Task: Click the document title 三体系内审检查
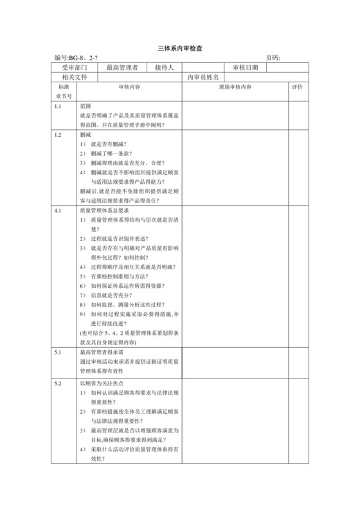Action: pyautogui.click(x=180, y=49)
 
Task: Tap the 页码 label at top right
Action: pyautogui.click(x=273, y=58)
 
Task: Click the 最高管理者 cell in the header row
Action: pyautogui.click(x=122, y=67)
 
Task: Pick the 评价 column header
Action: pyautogui.click(x=297, y=87)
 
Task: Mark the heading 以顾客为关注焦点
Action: pyautogui.click(x=102, y=383)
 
